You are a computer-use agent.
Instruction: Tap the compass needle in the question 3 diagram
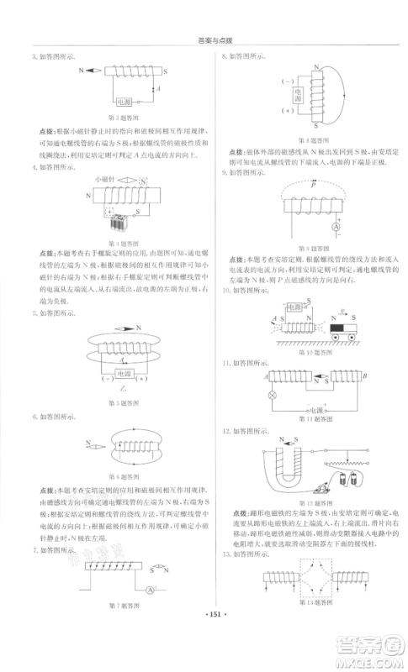tap(87, 72)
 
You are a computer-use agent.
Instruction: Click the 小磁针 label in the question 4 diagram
tap(103, 179)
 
